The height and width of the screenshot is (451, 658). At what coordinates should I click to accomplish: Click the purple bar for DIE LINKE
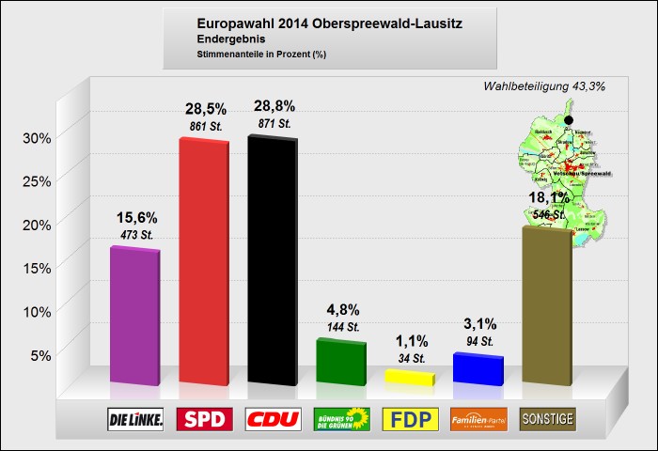point(134,317)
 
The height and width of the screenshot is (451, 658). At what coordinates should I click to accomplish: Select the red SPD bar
point(204,261)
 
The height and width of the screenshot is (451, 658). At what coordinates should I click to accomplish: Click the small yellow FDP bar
point(409,378)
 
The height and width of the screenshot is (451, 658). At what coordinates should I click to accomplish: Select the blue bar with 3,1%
point(478,369)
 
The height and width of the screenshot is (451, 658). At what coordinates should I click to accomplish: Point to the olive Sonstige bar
point(546,305)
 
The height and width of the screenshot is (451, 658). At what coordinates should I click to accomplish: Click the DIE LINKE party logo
point(136,419)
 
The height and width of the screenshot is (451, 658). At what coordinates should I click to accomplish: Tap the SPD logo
point(204,419)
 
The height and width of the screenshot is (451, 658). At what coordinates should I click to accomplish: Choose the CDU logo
point(273,419)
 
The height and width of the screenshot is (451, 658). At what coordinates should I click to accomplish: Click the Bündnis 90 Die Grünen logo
point(340,419)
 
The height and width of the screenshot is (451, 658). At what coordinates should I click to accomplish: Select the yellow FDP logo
point(410,419)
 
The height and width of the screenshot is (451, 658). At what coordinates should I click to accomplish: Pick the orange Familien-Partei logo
point(478,419)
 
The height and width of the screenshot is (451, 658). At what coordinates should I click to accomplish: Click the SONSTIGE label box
point(547,419)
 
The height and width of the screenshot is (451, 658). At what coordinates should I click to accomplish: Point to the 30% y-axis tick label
point(37,138)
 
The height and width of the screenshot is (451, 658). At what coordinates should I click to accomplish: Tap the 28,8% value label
point(274,104)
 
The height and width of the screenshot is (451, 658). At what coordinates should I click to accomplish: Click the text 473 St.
point(137,233)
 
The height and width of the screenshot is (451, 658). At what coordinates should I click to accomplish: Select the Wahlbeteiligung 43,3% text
point(543,86)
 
